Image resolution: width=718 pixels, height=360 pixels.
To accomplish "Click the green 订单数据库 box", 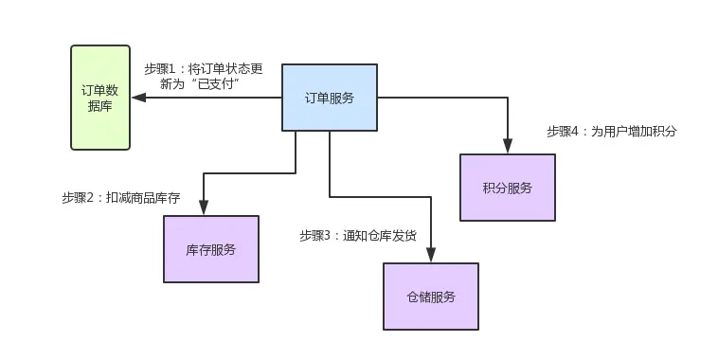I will click(100, 98).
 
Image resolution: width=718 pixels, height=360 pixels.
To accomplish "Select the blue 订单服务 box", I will click(330, 98).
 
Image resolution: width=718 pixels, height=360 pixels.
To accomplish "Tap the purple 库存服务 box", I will click(210, 249).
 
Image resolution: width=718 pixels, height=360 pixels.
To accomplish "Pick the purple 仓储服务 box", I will click(430, 297).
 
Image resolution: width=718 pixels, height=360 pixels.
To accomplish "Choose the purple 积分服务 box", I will click(507, 187).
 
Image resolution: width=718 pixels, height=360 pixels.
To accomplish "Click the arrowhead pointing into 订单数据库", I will click(138, 98).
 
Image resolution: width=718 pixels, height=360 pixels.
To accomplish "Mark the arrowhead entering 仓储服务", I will click(431, 255).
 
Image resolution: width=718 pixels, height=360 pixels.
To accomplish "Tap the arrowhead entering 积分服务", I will click(508, 146).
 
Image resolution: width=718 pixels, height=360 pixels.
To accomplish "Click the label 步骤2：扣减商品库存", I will click(120, 198).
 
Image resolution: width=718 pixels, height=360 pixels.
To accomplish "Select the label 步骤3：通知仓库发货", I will click(357, 236).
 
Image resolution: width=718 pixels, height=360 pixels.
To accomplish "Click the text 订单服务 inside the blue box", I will click(330, 98).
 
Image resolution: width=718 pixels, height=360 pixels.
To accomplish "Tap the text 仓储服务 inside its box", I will click(430, 297).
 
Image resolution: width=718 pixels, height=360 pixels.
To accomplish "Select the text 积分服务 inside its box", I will click(507, 187).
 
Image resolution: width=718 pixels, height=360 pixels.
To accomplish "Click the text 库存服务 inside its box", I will click(210, 249).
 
